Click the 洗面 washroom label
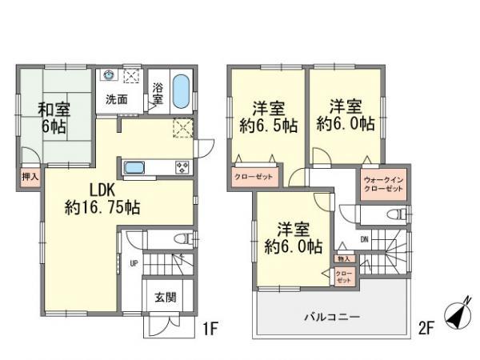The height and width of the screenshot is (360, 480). [118, 100]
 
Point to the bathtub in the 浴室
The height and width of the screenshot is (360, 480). [181, 91]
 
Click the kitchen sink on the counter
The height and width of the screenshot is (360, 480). [134, 168]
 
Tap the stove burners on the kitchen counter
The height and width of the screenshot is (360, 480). [182, 168]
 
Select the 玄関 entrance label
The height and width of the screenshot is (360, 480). [166, 296]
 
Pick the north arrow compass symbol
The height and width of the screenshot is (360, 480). [457, 315]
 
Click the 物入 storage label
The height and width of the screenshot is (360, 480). [344, 258]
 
